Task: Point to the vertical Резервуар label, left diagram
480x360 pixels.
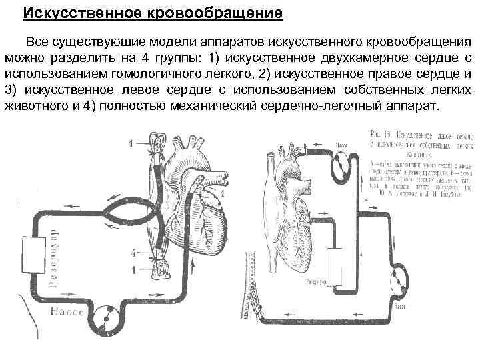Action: coord(54,260)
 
